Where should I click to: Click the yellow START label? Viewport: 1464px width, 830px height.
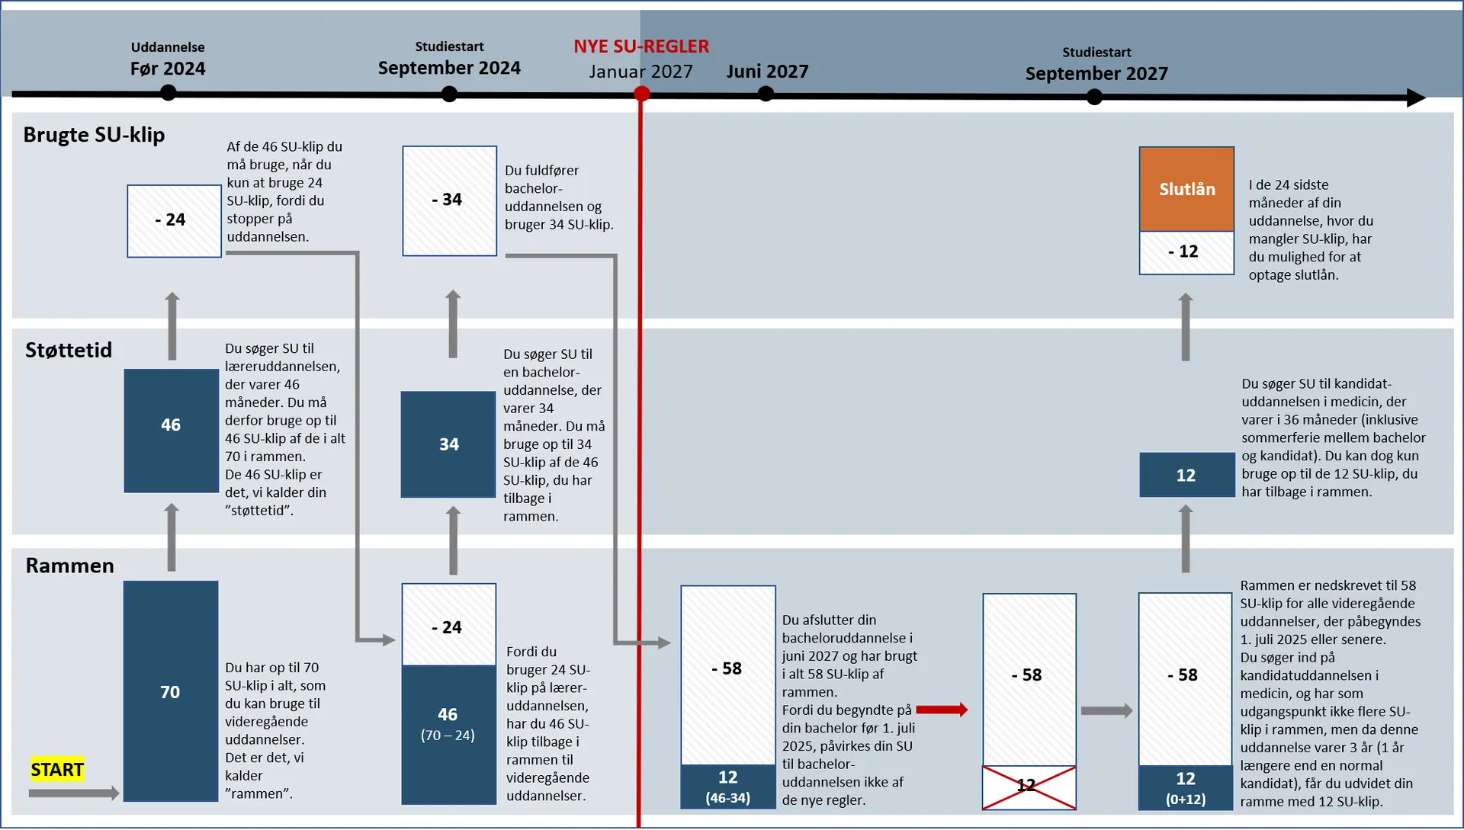tap(57, 770)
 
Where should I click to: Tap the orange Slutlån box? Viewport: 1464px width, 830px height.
tap(1186, 189)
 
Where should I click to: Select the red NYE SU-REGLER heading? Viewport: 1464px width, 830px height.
tap(641, 46)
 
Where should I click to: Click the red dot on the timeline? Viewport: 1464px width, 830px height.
tap(642, 94)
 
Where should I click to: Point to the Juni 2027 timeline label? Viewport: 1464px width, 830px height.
tap(767, 72)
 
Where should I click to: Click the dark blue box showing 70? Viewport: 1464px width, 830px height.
tap(171, 691)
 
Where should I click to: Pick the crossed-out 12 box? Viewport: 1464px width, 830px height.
tap(1029, 787)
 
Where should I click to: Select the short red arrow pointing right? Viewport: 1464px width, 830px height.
tap(942, 710)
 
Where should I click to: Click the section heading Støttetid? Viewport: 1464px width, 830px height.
tap(69, 350)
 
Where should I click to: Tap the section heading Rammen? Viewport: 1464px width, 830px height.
tap(69, 566)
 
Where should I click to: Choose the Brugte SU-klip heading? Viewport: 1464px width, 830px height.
tap(94, 135)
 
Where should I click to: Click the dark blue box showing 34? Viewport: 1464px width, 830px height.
tap(448, 444)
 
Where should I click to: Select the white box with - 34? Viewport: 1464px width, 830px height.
tap(450, 200)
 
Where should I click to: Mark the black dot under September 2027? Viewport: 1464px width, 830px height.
tap(1094, 97)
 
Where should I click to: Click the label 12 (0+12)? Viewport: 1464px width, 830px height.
tap(1186, 787)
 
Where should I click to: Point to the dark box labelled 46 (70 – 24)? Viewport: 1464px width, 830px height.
tap(448, 733)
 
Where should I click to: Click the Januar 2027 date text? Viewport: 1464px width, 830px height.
tap(640, 72)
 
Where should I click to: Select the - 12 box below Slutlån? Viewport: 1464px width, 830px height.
tap(1186, 252)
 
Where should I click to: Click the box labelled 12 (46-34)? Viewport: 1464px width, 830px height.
tap(728, 786)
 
